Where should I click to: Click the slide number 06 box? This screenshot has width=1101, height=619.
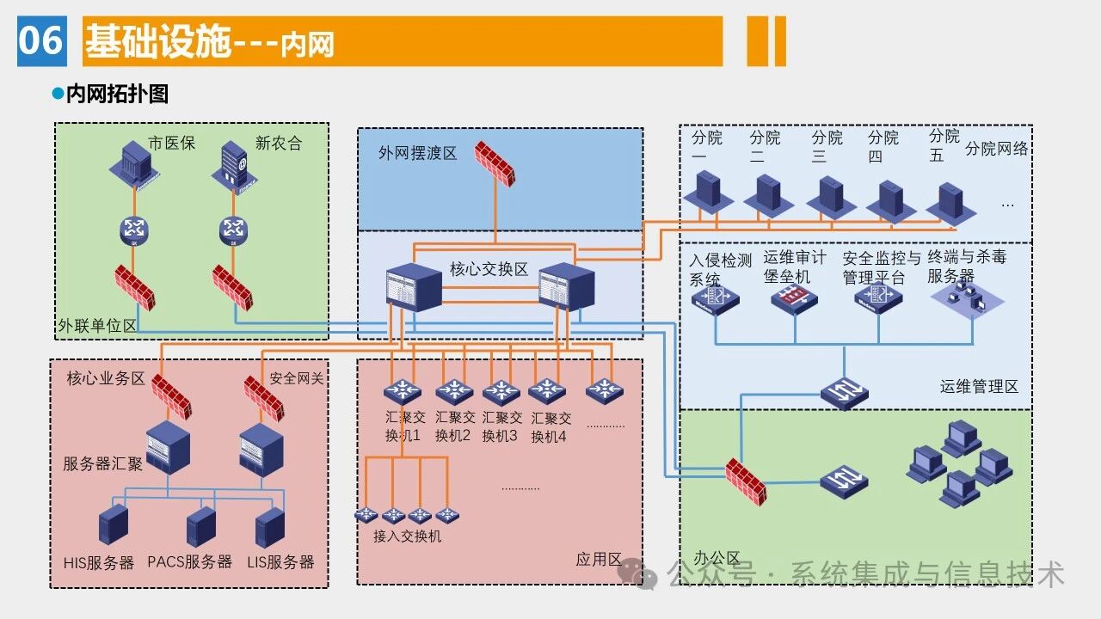(x=41, y=40)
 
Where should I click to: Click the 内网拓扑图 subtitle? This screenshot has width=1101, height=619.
(x=117, y=94)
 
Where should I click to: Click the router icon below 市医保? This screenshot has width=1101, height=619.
(x=134, y=230)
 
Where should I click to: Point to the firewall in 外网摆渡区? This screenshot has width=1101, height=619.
(x=497, y=163)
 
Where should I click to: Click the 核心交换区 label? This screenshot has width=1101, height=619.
(x=489, y=269)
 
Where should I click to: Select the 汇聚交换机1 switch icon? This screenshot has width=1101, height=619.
(x=401, y=392)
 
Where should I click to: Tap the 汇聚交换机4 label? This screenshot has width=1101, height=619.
(x=551, y=427)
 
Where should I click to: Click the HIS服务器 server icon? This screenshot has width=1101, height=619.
(x=114, y=526)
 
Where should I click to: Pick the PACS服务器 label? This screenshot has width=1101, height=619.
(x=189, y=562)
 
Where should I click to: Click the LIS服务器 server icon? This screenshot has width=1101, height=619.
(x=270, y=526)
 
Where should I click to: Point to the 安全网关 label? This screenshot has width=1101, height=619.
(x=297, y=378)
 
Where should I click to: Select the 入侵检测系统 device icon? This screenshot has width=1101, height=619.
(x=715, y=299)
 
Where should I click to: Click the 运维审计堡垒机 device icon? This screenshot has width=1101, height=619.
(x=793, y=299)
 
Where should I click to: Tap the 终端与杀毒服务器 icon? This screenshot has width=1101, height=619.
(x=967, y=299)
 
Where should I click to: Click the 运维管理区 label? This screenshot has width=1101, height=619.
(x=979, y=387)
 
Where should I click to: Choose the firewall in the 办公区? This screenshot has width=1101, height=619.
(x=745, y=481)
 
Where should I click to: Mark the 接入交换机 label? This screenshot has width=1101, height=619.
(x=407, y=536)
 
